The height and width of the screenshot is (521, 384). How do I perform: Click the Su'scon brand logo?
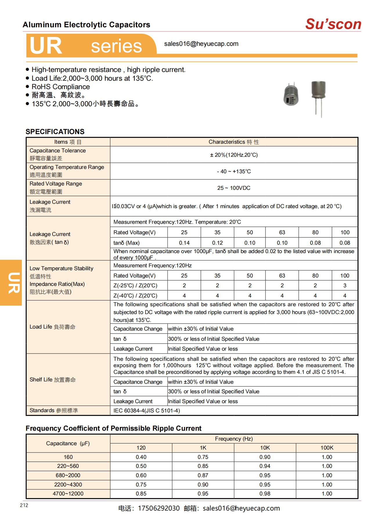click(x=333, y=24)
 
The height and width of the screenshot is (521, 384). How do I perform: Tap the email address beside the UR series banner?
click(x=201, y=44)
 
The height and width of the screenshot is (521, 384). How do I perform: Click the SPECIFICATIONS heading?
click(x=55, y=131)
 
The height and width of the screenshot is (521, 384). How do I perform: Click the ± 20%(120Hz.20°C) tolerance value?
click(x=234, y=155)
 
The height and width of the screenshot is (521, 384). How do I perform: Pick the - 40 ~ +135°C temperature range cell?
click(x=234, y=172)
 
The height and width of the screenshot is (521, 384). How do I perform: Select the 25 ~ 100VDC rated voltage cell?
click(x=234, y=188)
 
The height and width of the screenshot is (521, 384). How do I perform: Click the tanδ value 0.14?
click(x=184, y=243)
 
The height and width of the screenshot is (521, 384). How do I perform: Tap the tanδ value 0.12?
click(x=217, y=243)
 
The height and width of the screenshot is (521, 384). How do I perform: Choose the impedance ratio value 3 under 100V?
click(x=345, y=286)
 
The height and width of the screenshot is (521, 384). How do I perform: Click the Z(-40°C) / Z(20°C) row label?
click(x=135, y=296)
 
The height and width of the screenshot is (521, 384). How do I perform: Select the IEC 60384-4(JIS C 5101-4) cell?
click(x=147, y=411)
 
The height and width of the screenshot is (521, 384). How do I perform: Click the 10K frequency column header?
click(x=265, y=448)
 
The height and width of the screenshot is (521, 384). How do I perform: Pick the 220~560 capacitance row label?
click(x=68, y=466)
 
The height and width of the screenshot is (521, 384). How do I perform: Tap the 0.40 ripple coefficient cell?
click(x=141, y=457)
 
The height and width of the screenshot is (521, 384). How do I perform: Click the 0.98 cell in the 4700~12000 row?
click(x=265, y=494)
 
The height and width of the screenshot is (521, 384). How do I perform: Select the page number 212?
click(x=24, y=505)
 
